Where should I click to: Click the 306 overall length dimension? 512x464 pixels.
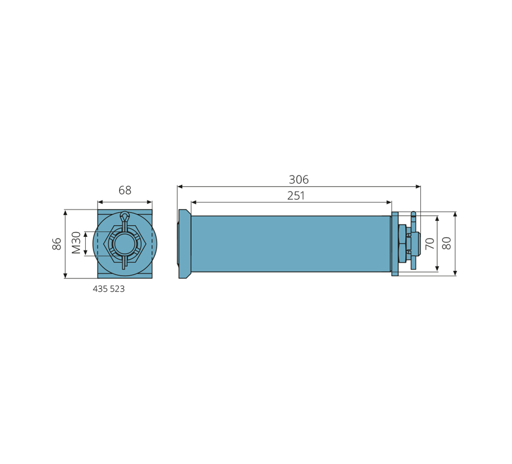click(299, 180)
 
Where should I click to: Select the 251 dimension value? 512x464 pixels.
click(296, 195)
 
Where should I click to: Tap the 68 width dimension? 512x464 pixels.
click(124, 190)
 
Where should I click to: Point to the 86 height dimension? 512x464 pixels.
click(57, 244)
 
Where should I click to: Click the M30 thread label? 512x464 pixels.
click(76, 243)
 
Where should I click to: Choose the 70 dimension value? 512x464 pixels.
click(430, 244)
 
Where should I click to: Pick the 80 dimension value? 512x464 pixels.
click(446, 243)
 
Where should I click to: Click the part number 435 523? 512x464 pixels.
click(109, 289)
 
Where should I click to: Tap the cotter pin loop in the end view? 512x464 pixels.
click(124, 216)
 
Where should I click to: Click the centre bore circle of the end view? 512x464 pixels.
click(123, 243)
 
